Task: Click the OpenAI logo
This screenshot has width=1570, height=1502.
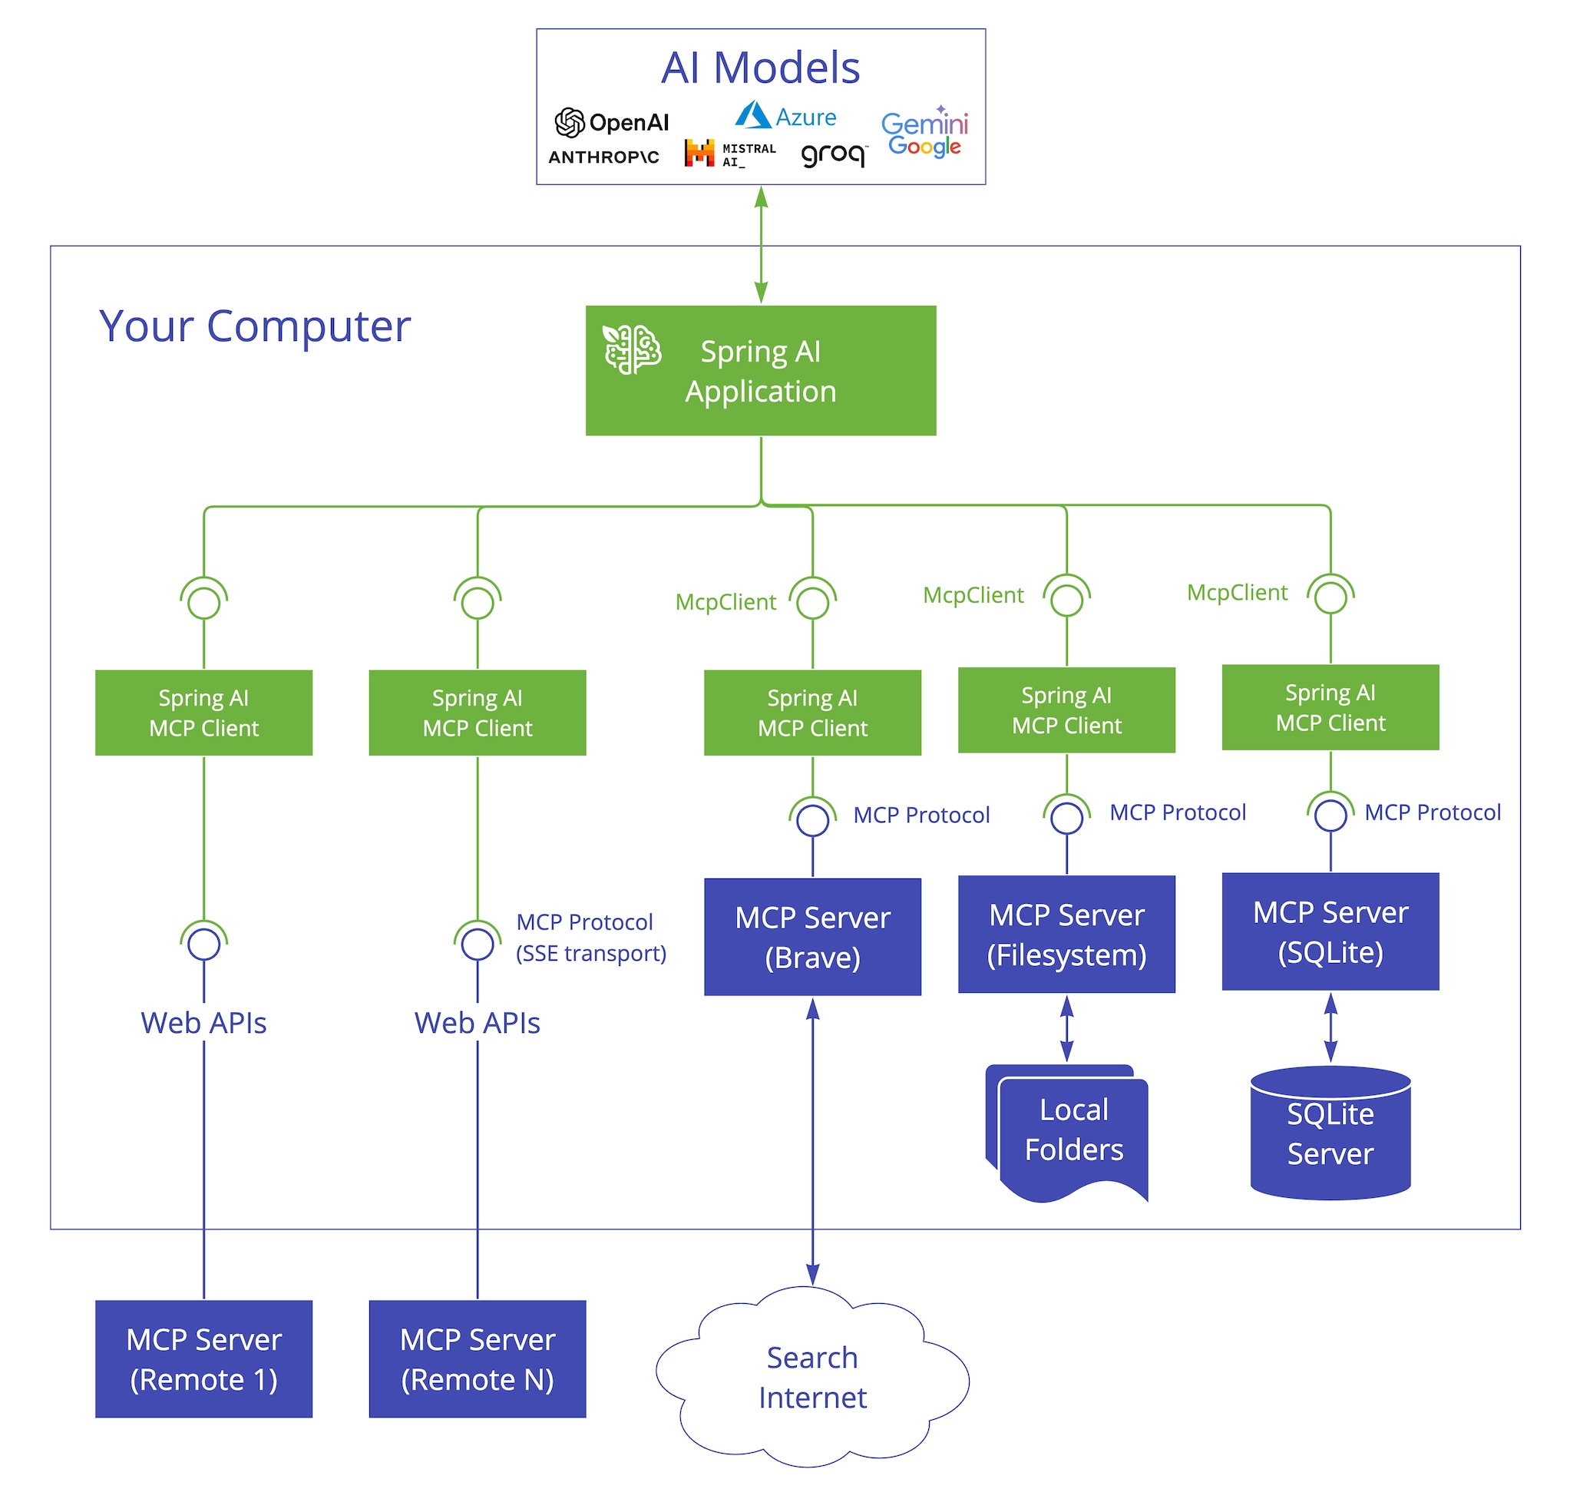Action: (611, 123)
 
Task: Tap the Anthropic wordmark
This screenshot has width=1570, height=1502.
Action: (603, 157)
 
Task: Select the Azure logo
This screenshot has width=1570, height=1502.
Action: (785, 116)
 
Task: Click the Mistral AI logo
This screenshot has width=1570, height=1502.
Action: (729, 153)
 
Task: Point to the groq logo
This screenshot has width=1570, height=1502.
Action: (833, 154)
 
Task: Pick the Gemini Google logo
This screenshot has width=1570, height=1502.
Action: (924, 133)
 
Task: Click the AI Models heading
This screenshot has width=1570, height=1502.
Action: (760, 68)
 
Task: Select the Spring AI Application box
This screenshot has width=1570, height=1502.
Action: (760, 370)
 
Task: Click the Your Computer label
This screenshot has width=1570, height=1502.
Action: (254, 326)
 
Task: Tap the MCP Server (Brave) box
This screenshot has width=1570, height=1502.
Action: (811, 936)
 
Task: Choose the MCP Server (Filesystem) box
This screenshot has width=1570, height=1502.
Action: (1066, 934)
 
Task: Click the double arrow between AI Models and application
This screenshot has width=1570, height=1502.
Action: (761, 245)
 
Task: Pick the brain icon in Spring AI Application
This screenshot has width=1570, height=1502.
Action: (631, 349)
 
